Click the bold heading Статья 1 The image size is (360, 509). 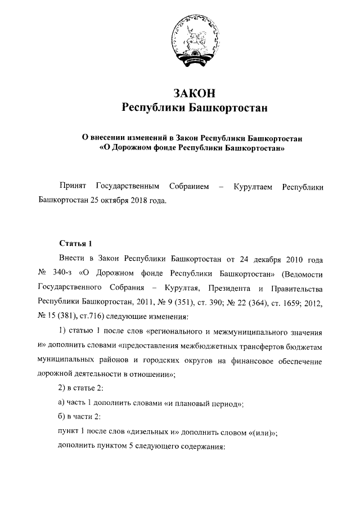(x=75, y=243)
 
